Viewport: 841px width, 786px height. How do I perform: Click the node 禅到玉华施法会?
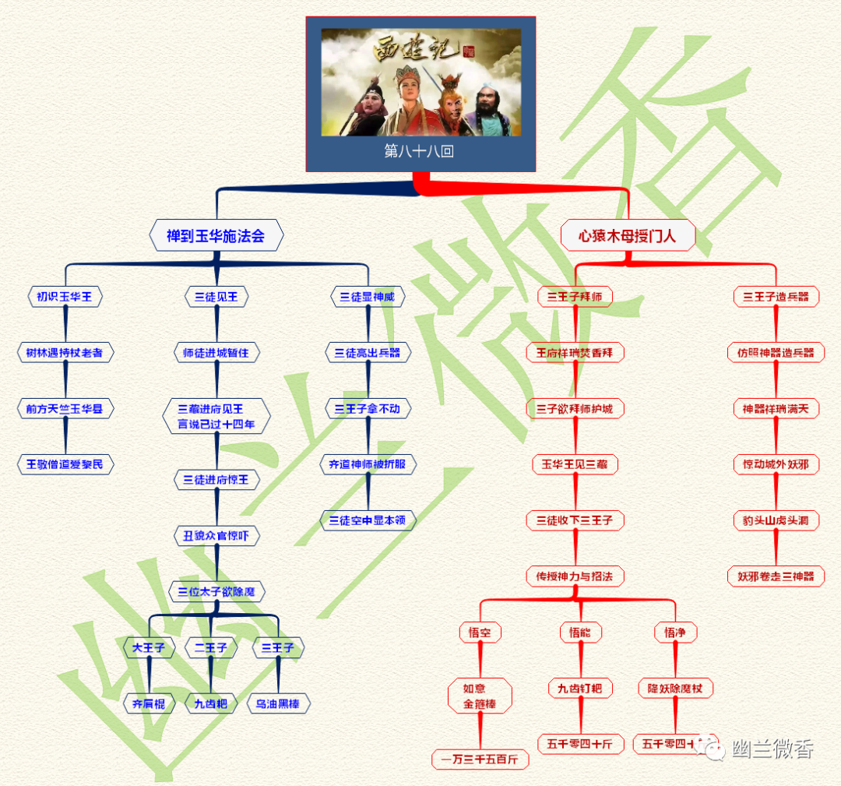pos(216,235)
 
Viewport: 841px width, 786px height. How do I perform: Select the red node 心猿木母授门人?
pos(628,235)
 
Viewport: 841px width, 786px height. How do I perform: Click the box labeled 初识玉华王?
pos(65,297)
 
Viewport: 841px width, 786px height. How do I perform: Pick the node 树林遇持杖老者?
pos(65,353)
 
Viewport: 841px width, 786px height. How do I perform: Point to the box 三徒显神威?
pos(368,297)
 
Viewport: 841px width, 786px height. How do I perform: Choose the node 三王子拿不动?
pos(368,409)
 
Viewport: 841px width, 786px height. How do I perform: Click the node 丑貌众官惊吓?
pos(216,536)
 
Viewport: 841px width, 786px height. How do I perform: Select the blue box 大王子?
pos(148,647)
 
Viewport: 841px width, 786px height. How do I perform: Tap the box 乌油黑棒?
pos(278,703)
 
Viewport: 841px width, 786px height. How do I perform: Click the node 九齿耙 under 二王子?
pos(211,703)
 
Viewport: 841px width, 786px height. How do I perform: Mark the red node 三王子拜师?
pos(575,297)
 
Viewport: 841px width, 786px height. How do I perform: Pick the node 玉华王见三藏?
pos(575,465)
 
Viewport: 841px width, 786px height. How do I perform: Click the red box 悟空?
pos(480,633)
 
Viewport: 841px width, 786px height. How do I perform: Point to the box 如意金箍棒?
pos(480,696)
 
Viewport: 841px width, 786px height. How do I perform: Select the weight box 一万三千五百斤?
pos(480,759)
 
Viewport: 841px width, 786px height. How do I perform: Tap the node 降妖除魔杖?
pos(675,689)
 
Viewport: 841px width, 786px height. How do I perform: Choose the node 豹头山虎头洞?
pos(776,520)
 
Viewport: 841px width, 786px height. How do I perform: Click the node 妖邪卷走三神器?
pos(776,576)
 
